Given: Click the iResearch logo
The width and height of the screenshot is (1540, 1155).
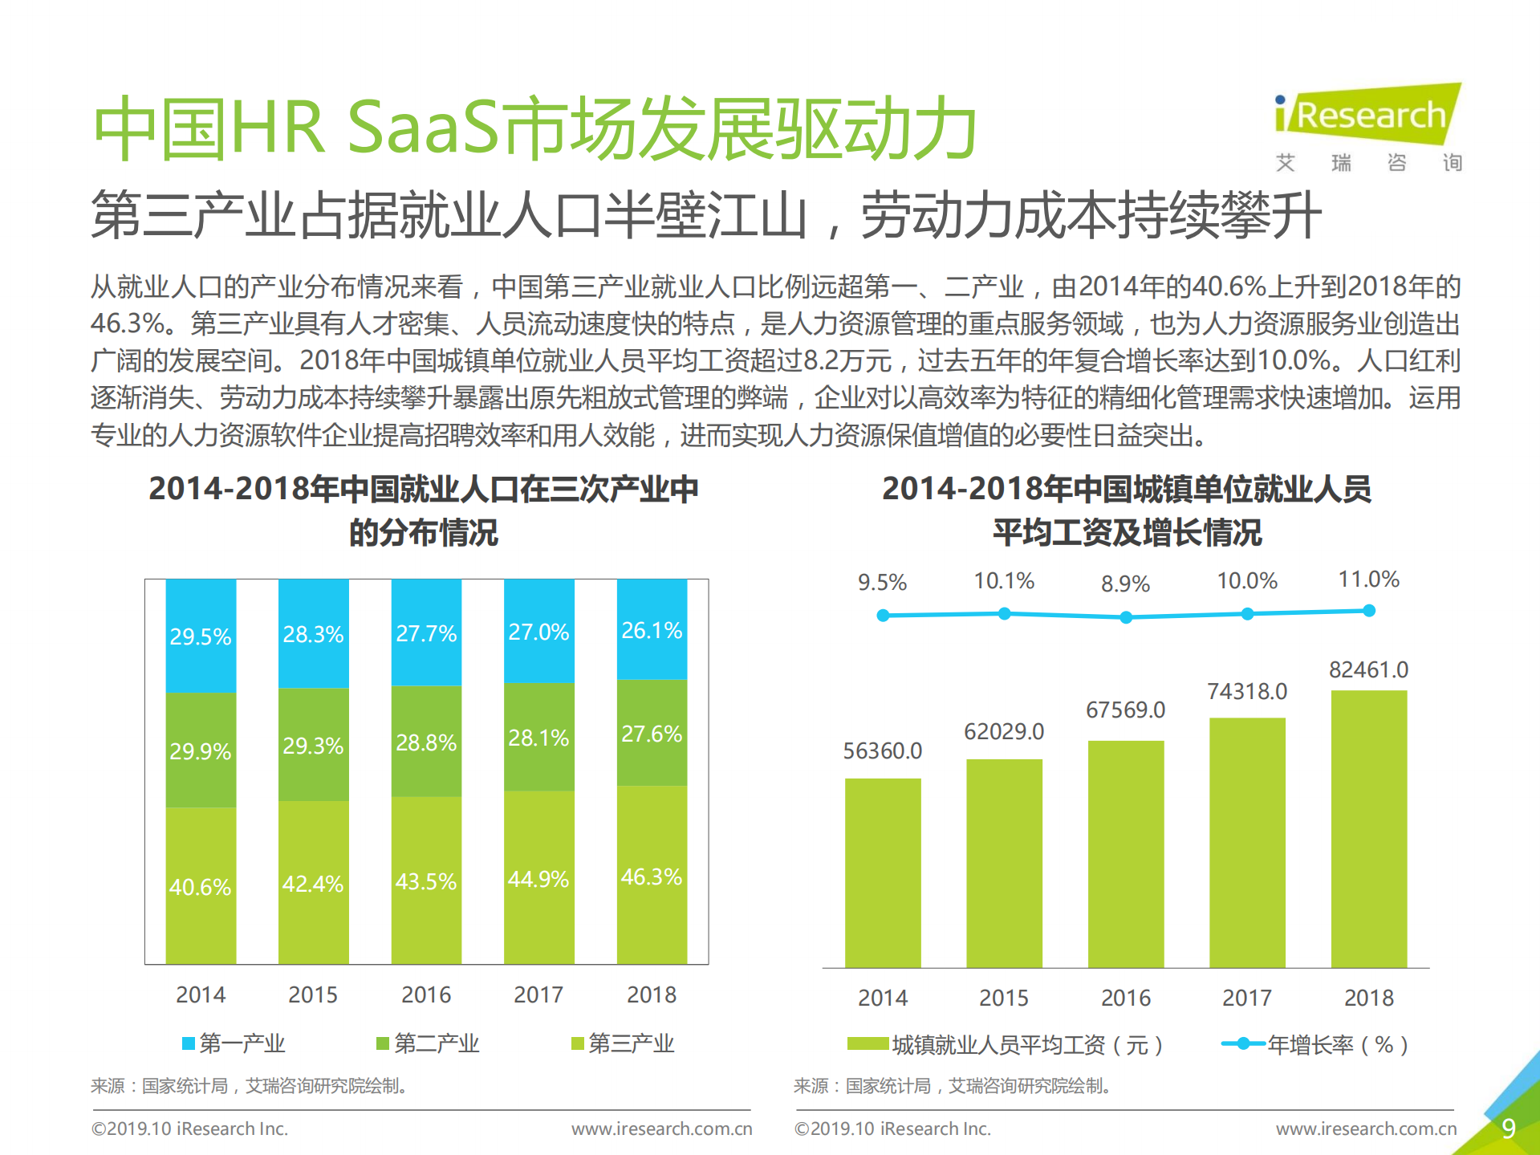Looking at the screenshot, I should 1367,116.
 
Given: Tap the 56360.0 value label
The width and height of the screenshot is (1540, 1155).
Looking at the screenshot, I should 882,751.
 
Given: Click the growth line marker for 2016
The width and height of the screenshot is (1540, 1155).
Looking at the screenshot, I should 1126,617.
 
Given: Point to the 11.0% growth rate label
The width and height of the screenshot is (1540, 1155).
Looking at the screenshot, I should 1368,580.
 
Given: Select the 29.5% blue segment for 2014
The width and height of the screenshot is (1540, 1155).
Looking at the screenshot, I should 201,636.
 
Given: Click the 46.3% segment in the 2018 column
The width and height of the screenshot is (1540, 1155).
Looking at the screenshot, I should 651,876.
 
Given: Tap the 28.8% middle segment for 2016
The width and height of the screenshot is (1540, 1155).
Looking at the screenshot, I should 426,742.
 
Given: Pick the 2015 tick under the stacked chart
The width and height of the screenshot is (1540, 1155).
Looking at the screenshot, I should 313,995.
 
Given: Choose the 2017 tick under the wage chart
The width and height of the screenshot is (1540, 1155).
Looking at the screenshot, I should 1247,998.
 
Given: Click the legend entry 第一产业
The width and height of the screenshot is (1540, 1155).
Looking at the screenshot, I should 233,1043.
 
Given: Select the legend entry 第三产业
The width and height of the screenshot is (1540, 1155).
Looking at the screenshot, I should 622,1043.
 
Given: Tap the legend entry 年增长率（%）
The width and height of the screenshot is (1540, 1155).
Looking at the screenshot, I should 1316,1045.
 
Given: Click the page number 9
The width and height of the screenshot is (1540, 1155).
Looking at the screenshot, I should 1508,1129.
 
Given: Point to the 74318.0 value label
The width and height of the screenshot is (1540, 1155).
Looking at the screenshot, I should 1247,692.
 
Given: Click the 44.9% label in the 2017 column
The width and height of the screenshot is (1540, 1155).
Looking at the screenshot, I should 538,879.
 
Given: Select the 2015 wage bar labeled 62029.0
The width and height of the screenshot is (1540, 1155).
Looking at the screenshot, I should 1004,863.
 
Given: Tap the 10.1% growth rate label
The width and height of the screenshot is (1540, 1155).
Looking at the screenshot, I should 1004,581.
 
